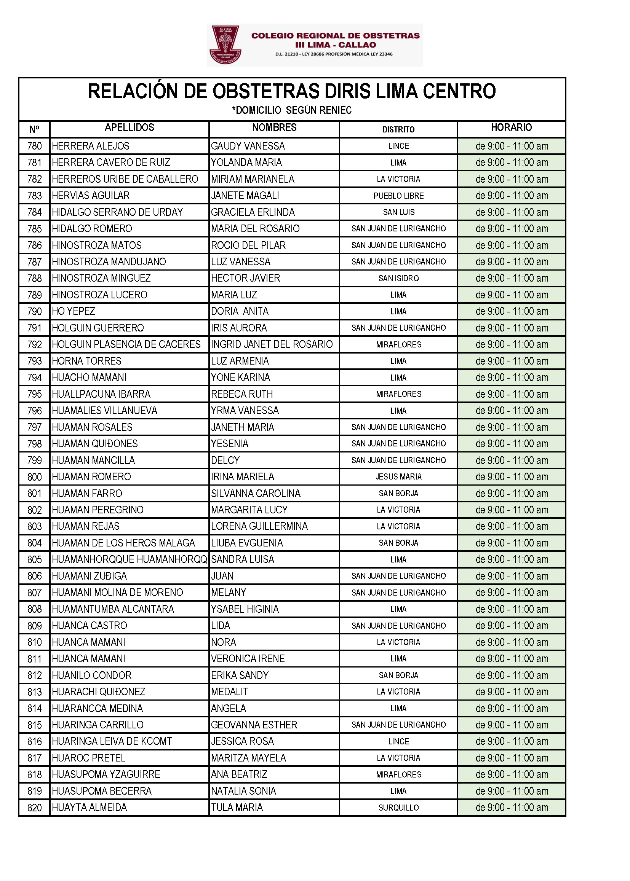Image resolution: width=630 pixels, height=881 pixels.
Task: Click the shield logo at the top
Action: click(225, 45)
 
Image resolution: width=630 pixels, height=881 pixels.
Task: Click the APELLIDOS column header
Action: click(129, 127)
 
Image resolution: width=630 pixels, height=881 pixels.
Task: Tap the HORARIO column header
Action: click(511, 127)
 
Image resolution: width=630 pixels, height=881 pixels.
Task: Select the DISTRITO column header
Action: click(398, 129)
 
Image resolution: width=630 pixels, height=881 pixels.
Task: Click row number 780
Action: click(35, 146)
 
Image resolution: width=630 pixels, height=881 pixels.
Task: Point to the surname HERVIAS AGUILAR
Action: click(91, 196)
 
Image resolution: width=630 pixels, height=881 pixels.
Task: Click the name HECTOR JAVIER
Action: click(246, 278)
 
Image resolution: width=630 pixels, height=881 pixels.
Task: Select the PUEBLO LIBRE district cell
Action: click(398, 196)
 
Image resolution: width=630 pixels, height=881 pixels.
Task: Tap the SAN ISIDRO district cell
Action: click(398, 278)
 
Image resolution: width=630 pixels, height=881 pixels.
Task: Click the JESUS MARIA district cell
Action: click(398, 477)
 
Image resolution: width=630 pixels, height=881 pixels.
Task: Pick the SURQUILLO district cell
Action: click(398, 808)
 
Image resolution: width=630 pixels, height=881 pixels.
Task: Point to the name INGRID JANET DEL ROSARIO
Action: click(272, 344)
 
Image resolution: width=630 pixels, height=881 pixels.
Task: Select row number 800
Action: click(35, 477)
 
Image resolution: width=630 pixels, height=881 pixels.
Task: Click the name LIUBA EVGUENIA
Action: click(247, 543)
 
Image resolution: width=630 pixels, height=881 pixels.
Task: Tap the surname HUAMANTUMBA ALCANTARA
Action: click(113, 609)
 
